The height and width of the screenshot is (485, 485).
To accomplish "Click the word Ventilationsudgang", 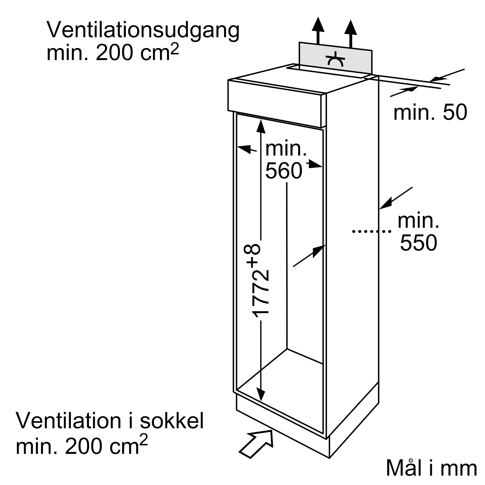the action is [143, 30].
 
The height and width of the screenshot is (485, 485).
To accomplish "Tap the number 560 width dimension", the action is [284, 171].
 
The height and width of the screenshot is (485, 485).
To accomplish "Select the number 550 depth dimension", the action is [419, 243].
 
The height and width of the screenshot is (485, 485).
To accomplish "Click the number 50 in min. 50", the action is [455, 112].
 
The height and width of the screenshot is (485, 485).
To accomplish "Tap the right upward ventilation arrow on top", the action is [350, 33].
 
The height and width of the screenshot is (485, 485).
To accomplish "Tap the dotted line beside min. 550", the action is [372, 231].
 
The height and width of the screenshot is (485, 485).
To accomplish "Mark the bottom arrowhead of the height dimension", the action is [261, 394].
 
